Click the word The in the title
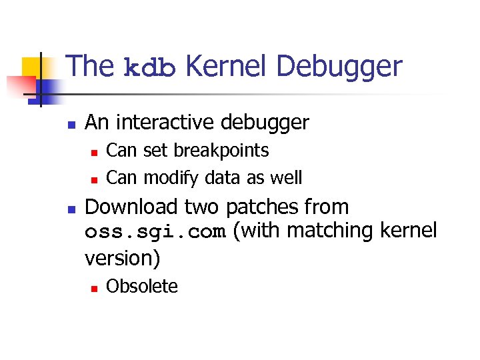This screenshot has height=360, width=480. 91,67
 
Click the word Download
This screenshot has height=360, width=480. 132,207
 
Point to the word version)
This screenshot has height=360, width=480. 123,257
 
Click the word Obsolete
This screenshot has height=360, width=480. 142,287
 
